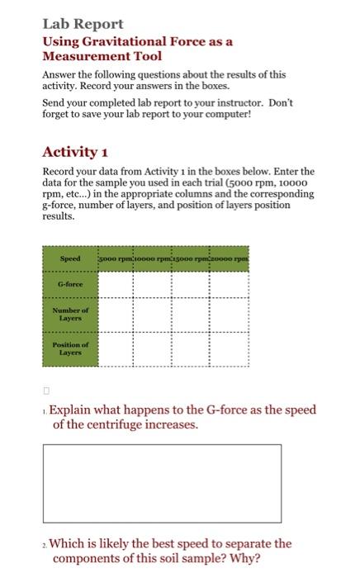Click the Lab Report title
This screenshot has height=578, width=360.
tap(83, 24)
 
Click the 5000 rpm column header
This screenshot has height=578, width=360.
tap(117, 258)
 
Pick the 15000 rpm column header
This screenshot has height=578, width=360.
tap(192, 258)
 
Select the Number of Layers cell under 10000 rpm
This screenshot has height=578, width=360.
tap(154, 314)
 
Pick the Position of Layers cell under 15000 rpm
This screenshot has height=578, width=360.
tap(192, 348)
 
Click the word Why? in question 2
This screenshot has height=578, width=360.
tap(245, 558)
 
